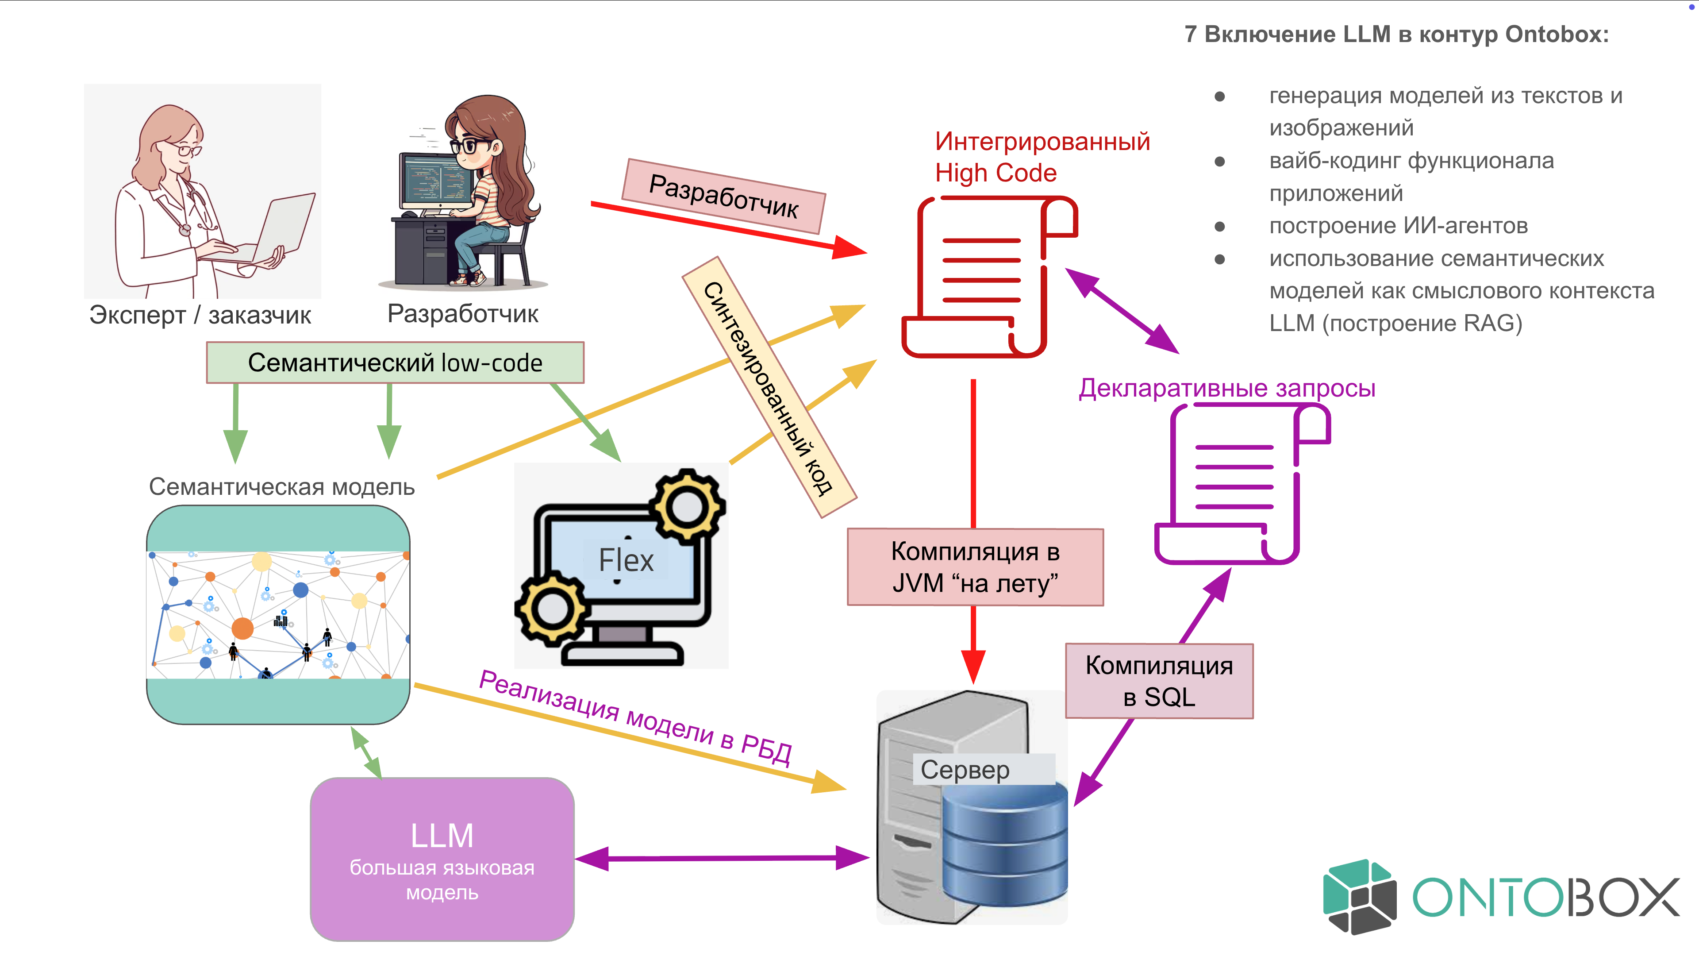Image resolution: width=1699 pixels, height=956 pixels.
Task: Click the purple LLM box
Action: click(442, 859)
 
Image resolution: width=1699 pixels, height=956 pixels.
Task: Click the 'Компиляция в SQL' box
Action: click(1159, 680)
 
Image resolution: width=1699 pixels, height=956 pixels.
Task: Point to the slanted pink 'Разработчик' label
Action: click(723, 196)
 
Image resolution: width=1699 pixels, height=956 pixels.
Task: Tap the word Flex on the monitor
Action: click(625, 560)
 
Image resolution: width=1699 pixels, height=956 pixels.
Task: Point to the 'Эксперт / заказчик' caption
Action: click(200, 316)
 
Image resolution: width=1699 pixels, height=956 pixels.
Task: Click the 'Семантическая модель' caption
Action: click(282, 487)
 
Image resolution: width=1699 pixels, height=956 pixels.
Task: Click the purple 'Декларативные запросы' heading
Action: click(1227, 388)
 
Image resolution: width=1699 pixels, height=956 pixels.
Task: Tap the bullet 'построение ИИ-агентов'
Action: click(1398, 226)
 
